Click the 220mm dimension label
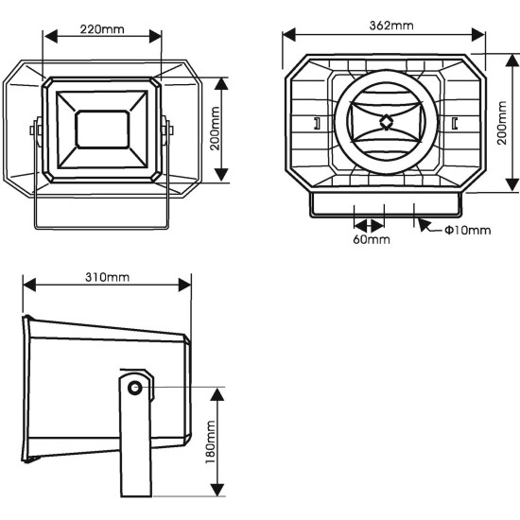102,29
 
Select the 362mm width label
387,25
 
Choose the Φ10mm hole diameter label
467,230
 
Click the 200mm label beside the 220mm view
215,129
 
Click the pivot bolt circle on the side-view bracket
135,388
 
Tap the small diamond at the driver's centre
386,121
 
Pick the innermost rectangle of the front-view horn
102,129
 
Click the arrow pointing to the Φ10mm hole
424,225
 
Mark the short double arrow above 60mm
369,224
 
